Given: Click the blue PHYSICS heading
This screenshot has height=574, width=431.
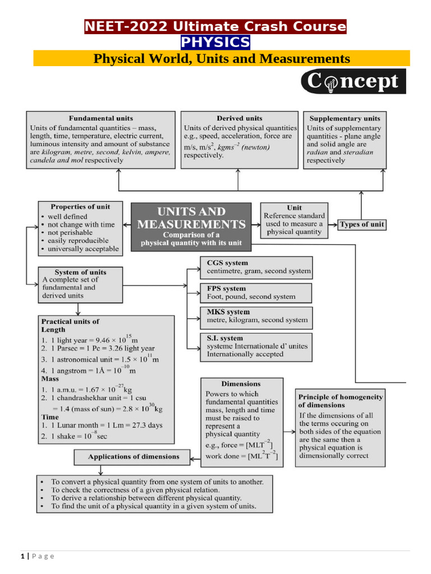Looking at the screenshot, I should tap(215, 43).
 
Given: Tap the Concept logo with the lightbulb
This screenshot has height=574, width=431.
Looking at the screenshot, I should tap(353, 82).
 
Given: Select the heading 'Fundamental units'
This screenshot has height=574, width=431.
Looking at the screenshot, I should tap(101, 118).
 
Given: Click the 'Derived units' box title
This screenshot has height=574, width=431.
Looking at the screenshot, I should tap(239, 118).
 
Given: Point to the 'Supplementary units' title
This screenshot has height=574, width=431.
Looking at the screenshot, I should tap(345, 118).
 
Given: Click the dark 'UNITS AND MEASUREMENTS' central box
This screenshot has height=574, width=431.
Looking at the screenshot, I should tap(191, 224).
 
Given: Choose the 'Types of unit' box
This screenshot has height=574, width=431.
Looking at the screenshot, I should tap(362, 224).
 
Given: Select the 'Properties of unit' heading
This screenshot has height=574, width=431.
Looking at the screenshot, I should tap(80, 207).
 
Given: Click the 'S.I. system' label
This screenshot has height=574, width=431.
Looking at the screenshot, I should tap(225, 338).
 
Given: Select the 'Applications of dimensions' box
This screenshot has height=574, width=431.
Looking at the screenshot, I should tap(134, 457).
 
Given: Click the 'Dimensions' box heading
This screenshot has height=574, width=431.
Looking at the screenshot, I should tap(241, 384).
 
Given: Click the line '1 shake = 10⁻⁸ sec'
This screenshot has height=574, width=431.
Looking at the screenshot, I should tap(73, 436).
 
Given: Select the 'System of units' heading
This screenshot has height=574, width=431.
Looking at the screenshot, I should tap(80, 272).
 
